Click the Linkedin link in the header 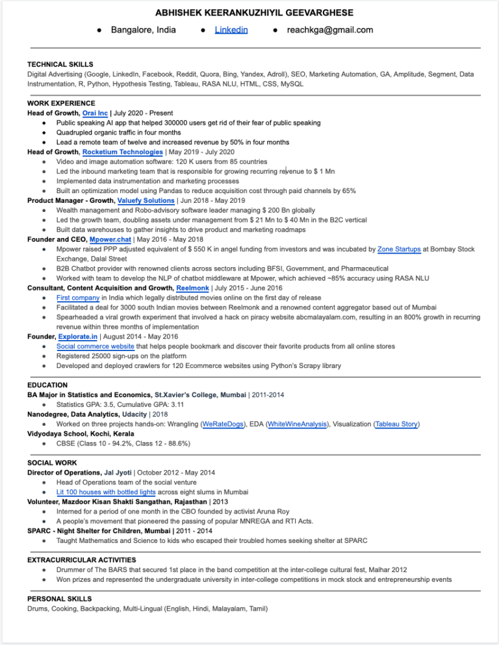[231, 30]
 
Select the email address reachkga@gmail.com [330, 30]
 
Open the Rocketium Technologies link [123, 152]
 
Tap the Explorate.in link [78, 337]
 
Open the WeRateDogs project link [223, 425]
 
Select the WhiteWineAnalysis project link [297, 425]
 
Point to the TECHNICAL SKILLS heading [60, 64]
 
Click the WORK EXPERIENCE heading [61, 103]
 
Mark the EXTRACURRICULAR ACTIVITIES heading [81, 560]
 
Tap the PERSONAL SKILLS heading [59, 599]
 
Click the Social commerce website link [96, 347]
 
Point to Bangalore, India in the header [138, 30]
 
